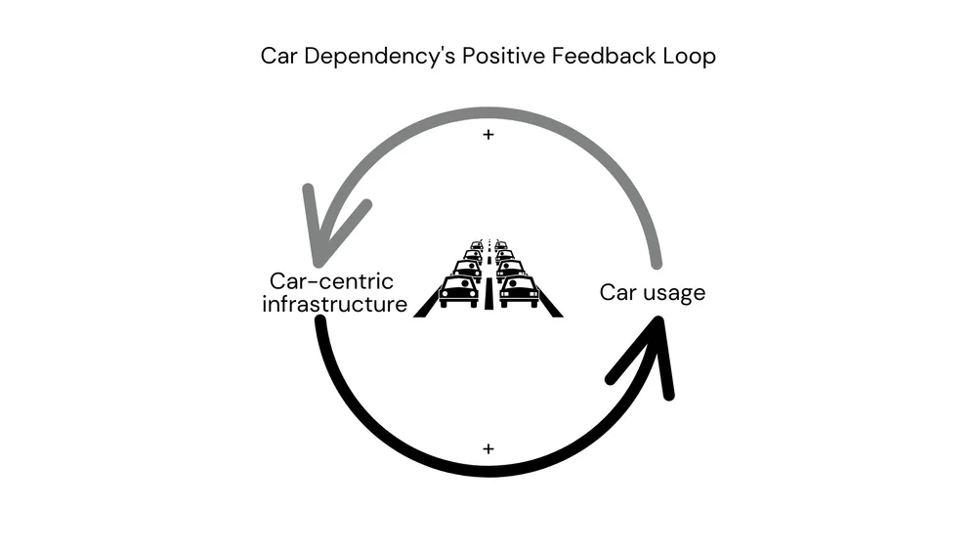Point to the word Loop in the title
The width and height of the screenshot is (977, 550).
[690, 56]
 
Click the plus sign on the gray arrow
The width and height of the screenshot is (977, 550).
[488, 135]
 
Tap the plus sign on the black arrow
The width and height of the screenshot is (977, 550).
[488, 448]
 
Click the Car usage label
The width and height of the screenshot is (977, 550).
[652, 292]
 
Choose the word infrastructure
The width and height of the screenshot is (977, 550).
[335, 304]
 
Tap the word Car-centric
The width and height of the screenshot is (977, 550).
[332, 281]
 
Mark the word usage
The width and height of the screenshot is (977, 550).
[673, 292]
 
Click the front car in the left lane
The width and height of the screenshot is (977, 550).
[459, 290]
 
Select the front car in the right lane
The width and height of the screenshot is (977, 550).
[519, 290]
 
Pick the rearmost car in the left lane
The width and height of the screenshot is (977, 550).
[477, 245]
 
